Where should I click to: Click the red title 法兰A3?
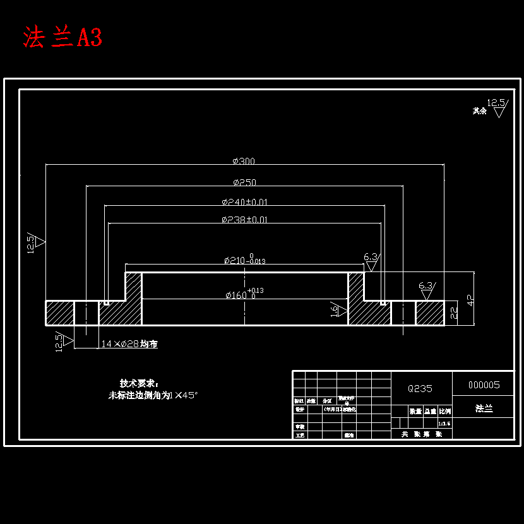click(63, 37)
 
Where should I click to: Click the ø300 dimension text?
click(244, 161)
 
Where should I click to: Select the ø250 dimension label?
click(244, 182)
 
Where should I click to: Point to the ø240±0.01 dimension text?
click(244, 202)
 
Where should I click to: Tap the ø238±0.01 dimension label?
click(244, 220)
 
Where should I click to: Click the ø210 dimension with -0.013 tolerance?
click(244, 259)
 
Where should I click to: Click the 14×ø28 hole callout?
click(129, 344)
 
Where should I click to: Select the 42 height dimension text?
click(470, 300)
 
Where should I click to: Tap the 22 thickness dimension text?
click(453, 312)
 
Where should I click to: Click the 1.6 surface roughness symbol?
click(338, 309)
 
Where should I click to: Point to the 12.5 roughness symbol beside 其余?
click(497, 107)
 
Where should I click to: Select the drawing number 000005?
click(484, 384)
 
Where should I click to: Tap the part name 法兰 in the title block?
click(484, 408)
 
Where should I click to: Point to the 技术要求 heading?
click(140, 383)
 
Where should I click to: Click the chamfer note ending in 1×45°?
click(153, 395)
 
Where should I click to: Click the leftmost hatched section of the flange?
click(59, 313)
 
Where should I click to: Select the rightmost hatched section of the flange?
click(429, 313)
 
